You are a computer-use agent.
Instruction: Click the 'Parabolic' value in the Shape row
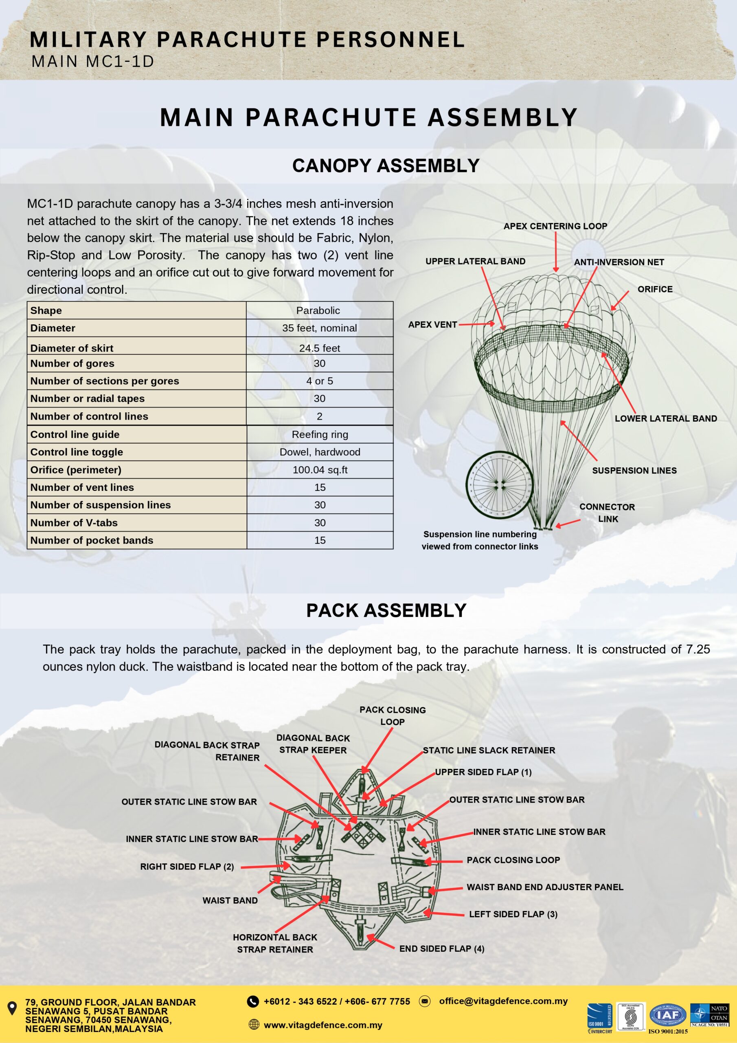coord(318,311)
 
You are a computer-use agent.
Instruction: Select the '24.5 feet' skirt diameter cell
coord(319,348)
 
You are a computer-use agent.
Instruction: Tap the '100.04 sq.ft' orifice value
coord(320,470)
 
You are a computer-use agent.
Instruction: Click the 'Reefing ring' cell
coord(320,434)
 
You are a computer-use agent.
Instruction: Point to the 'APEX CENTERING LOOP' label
coord(555,226)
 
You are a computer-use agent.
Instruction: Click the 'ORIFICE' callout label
coord(655,289)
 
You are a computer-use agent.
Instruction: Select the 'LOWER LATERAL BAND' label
coord(666,418)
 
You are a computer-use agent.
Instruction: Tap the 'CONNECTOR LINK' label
coord(607,513)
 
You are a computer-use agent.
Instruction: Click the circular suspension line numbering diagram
coord(499,485)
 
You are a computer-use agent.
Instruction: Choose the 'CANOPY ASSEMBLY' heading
coord(386,166)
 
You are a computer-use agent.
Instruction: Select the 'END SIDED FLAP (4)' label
coord(442,949)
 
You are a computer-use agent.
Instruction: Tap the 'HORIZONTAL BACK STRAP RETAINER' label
coord(275,944)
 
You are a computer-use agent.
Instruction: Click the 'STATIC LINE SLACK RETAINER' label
coord(489,750)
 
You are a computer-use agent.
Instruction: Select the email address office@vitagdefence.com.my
coord(503,1001)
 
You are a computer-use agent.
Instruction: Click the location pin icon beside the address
coord(13,1008)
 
